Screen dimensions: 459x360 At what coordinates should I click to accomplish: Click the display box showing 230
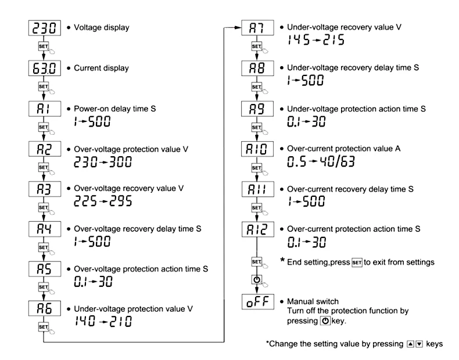45,28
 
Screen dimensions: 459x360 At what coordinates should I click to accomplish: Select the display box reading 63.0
45,69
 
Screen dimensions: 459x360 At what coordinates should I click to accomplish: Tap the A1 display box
45,109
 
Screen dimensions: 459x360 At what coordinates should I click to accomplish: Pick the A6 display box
45,308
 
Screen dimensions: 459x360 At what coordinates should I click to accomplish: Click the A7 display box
257,28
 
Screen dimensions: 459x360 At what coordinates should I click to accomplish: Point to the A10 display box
257,149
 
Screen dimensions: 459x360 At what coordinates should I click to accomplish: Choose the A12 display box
258,229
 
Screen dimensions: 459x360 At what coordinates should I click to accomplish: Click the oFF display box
258,302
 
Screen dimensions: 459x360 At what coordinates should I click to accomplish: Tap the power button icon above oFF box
257,280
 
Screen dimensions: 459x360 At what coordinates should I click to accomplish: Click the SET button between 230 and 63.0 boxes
44,46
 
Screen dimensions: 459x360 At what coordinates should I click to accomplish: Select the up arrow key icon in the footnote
411,344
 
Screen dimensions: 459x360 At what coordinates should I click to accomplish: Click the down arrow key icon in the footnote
419,344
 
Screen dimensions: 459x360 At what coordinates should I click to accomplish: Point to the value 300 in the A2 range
121,162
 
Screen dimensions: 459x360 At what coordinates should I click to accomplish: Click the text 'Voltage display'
102,27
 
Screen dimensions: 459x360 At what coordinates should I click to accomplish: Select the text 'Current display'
101,68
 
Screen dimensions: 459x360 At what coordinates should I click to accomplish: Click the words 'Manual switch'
313,301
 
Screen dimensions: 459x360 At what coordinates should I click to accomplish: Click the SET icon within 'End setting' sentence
357,262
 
